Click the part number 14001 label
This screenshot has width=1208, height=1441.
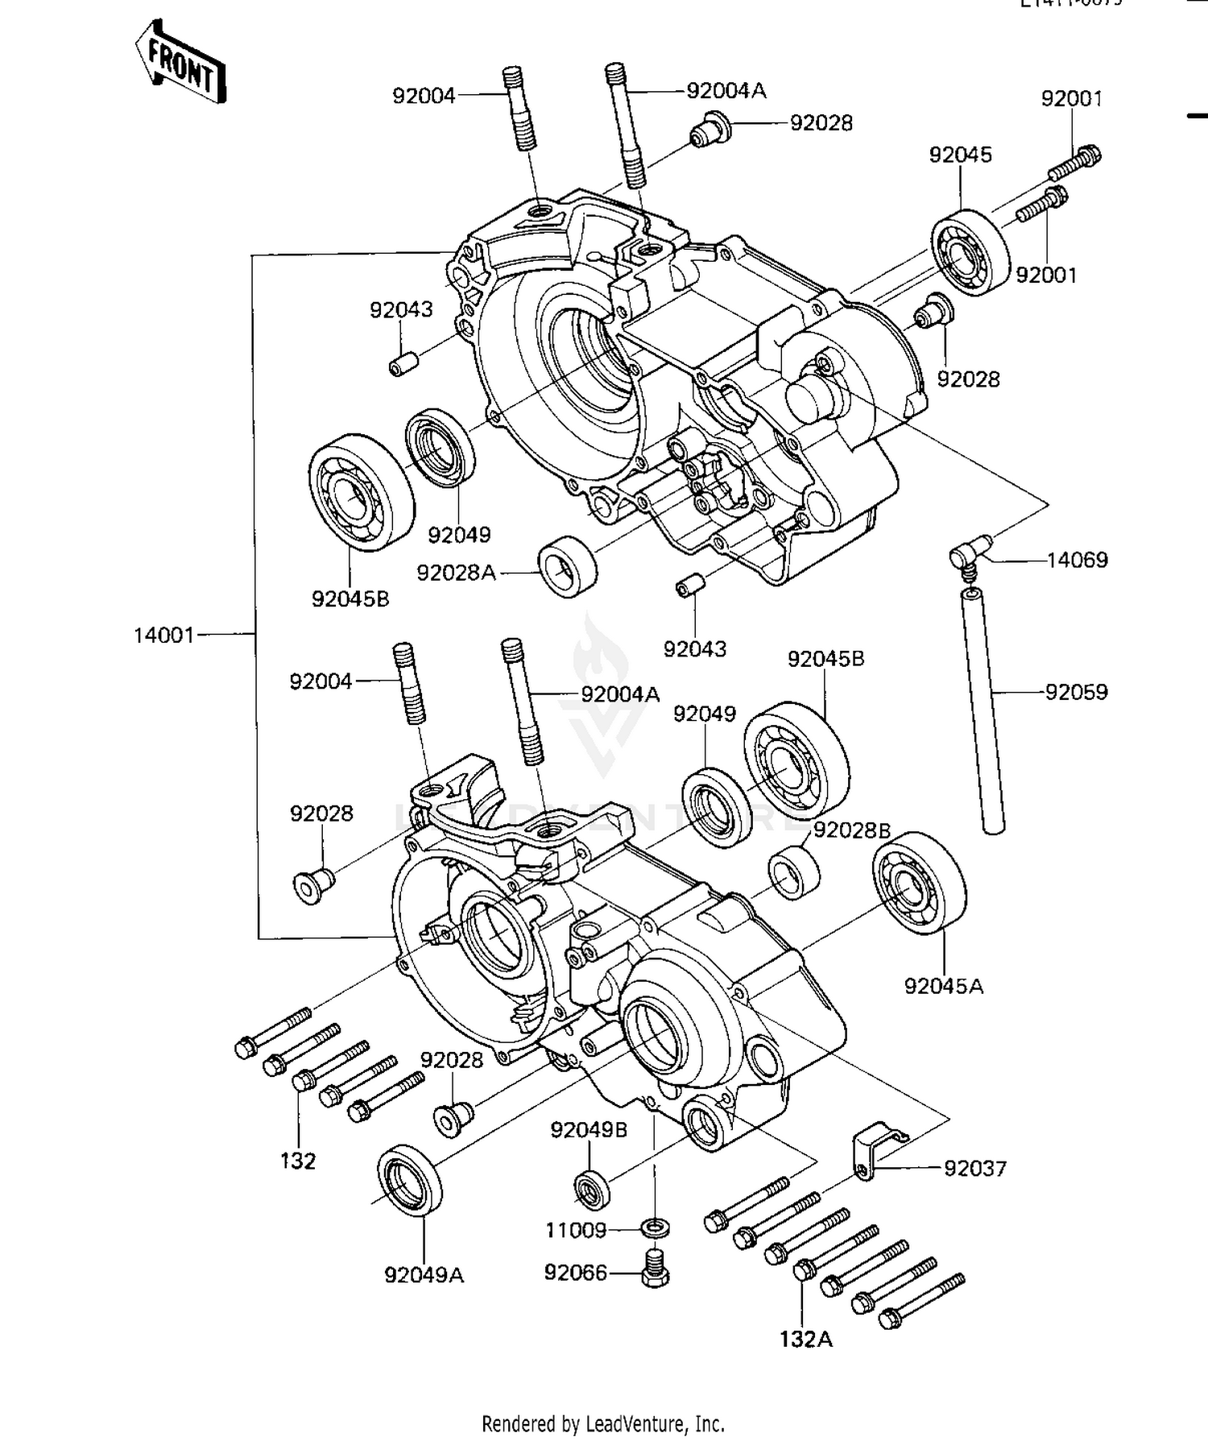(164, 636)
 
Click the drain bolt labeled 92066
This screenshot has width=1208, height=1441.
(655, 1267)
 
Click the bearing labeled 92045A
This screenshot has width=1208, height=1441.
(920, 883)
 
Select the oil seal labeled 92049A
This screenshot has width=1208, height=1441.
(410, 1177)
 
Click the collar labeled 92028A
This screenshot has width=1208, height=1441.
(568, 566)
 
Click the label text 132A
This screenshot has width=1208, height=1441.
(805, 1340)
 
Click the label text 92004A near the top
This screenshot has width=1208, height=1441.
(726, 91)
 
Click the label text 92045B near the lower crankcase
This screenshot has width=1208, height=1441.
(825, 659)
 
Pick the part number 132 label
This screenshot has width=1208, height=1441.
(298, 1161)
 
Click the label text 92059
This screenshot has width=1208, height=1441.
(1076, 692)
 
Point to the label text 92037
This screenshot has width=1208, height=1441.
(975, 1168)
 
